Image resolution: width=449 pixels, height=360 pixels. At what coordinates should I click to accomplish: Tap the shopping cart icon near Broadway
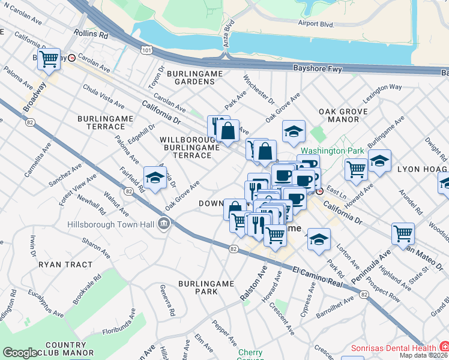point(49,59)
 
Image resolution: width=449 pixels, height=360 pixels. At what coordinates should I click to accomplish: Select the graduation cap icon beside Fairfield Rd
point(155,178)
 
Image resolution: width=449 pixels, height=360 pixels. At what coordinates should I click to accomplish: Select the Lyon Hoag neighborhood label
point(421,170)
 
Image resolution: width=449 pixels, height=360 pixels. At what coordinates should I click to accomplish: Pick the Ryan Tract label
point(65,264)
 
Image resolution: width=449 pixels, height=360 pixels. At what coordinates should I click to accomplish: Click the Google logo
point(20,353)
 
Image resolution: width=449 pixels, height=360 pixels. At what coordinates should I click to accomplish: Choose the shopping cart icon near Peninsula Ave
point(403,235)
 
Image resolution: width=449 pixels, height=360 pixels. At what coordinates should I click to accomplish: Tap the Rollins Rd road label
point(90,34)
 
